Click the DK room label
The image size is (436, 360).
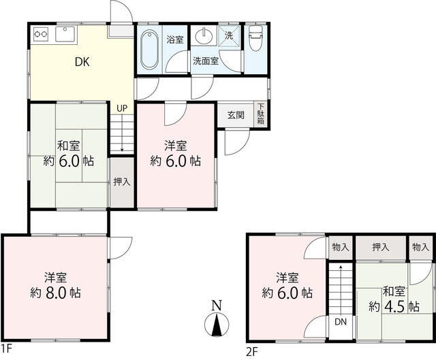coord(82,62)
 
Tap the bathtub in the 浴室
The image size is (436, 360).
coord(149,49)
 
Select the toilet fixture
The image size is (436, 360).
coord(255,38)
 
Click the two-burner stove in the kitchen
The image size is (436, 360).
coord(41,34)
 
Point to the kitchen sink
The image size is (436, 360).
coord(65,34)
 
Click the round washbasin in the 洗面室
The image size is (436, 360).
coord(204,36)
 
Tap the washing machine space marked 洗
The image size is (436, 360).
coord(229,36)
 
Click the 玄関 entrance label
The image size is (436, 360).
coord(236,115)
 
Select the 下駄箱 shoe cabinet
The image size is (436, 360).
coord(260,114)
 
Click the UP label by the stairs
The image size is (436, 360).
coord(122,108)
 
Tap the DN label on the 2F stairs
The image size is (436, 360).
coord(341,322)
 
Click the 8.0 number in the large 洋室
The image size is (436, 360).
coord(56,293)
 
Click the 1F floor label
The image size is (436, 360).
coord(6,348)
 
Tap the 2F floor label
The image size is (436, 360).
coord(252,353)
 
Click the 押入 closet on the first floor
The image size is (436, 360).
coord(122,182)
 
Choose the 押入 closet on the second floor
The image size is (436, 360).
coord(381,248)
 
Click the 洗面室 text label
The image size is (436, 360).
coord(206,61)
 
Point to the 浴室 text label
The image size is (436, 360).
coord(175,39)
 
